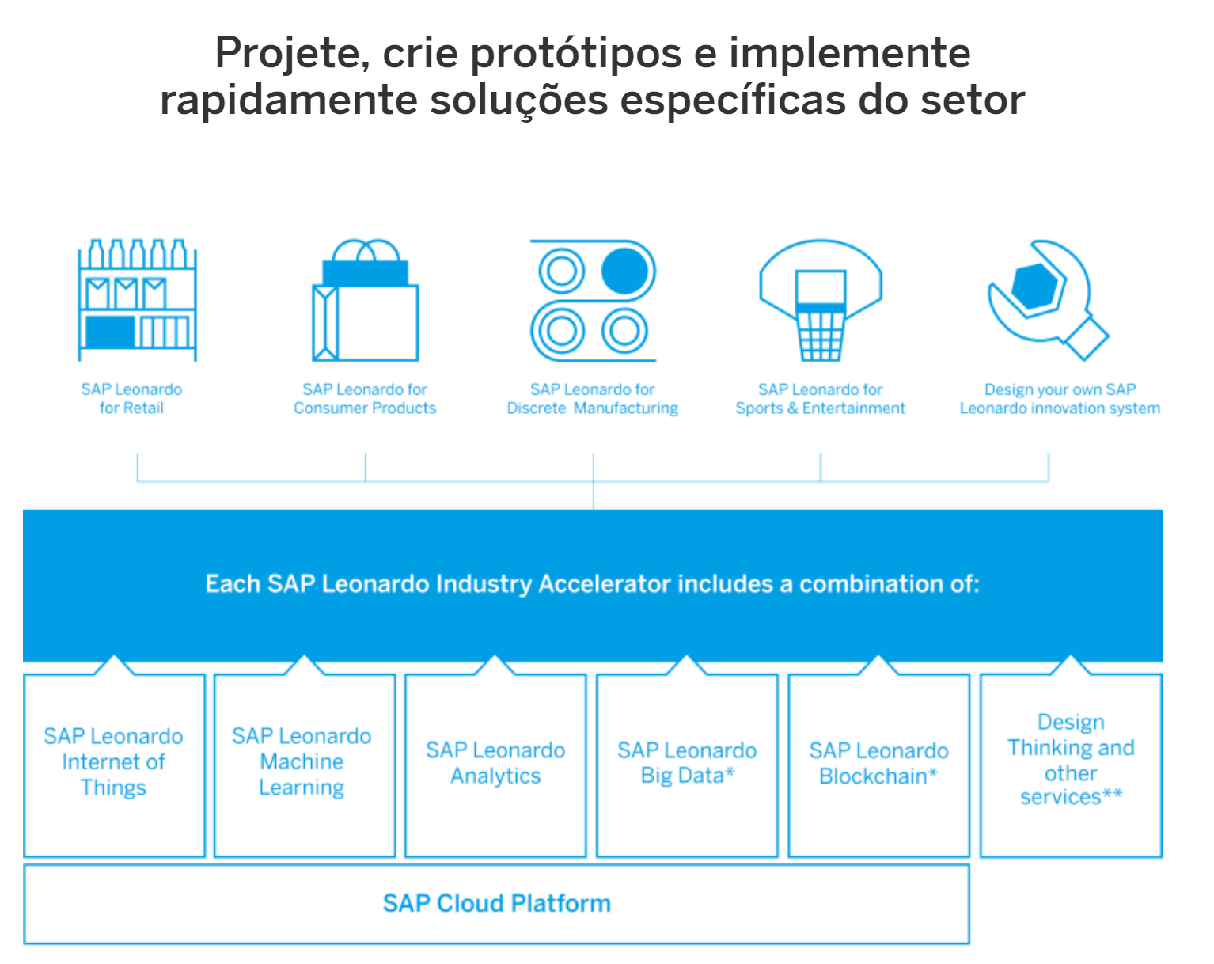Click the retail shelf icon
click(137, 300)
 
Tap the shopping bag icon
click(366, 300)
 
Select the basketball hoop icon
click(820, 300)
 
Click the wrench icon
click(1048, 300)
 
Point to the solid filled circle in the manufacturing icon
click(624, 271)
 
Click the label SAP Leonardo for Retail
click(131, 398)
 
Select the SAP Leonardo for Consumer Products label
click(365, 398)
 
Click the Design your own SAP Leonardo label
click(1060, 398)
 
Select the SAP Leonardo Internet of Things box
click(115, 765)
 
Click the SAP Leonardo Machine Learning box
click(305, 765)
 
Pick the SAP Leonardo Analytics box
click(496, 765)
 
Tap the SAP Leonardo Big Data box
click(687, 765)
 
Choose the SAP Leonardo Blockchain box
click(879, 765)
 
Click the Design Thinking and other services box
click(1071, 765)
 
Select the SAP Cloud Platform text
click(497, 904)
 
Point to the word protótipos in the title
click(576, 54)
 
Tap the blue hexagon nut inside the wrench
click(1034, 287)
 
